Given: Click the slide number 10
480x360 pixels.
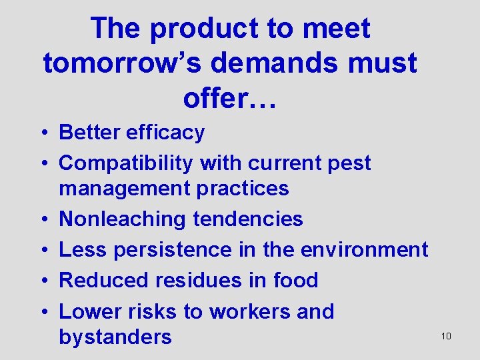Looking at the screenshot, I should coord(446,336).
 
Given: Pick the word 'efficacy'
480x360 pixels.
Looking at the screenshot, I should coord(163,133).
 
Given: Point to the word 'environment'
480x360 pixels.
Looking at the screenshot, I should coord(364,249).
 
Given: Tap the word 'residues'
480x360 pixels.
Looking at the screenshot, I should coord(199,280).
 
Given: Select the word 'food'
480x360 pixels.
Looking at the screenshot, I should coord(295,280).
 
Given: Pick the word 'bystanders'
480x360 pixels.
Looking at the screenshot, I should coord(115,337).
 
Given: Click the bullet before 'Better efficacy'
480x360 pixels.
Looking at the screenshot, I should coord(49,133).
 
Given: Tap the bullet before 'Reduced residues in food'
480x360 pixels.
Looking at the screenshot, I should coord(49,281).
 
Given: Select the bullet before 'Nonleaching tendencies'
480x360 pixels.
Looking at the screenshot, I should coord(49,219).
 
